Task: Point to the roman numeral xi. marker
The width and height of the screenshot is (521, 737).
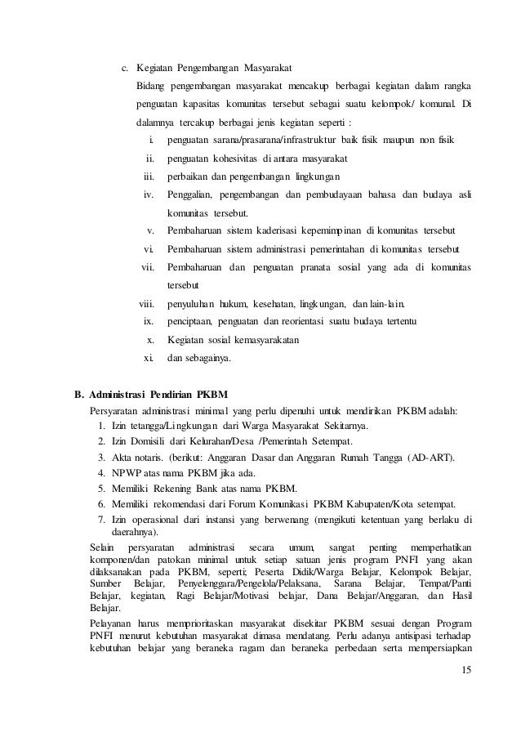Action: pos(149,357)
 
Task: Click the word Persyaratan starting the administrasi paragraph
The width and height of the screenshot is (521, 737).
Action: pos(113,409)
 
